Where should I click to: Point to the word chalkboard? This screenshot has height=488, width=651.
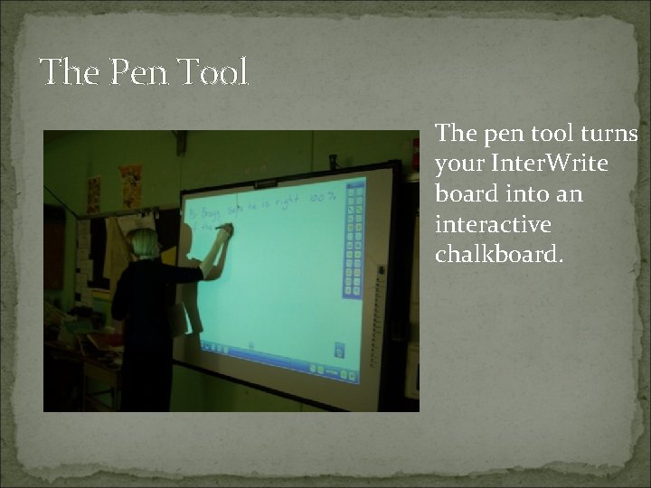pyautogui.click(x=499, y=254)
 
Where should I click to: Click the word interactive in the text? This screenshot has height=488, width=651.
pyautogui.click(x=493, y=224)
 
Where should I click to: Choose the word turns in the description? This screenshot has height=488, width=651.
pyautogui.click(x=609, y=135)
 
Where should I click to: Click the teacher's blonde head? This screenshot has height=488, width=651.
pyautogui.click(x=145, y=242)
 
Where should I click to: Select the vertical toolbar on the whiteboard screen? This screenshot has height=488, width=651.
pyautogui.click(x=354, y=239)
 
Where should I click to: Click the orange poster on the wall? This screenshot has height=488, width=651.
pyautogui.click(x=131, y=185)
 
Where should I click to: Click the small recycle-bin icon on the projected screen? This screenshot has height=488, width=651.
pyautogui.click(x=340, y=348)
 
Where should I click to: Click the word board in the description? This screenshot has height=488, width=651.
pyautogui.click(x=458, y=194)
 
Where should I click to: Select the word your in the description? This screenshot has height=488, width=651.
pyautogui.click(x=457, y=164)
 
